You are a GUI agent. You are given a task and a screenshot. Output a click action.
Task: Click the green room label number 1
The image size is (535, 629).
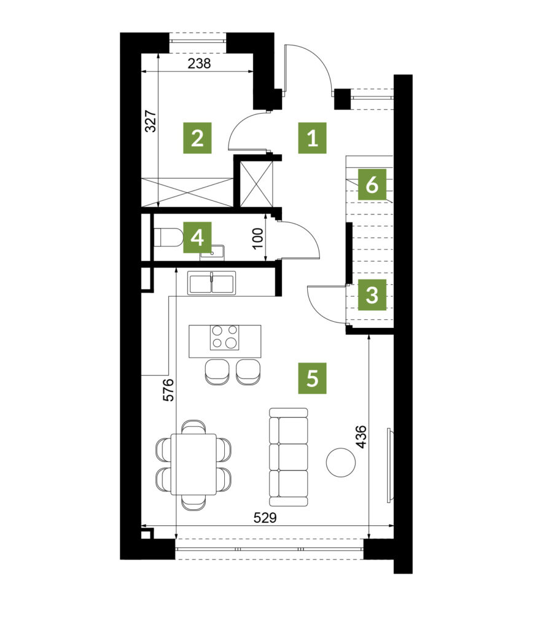point(313,138)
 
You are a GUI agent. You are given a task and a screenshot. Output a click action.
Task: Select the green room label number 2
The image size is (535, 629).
point(197,138)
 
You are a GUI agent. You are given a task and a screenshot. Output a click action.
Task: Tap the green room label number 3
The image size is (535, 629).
point(372,295)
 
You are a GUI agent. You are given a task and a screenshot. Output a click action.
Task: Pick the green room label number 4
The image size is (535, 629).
point(197,238)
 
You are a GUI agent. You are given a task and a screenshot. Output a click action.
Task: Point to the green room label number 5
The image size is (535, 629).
point(313,378)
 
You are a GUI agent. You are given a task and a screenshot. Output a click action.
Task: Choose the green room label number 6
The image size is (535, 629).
point(372,184)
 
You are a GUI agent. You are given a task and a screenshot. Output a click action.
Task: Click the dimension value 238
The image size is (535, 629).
point(200,63)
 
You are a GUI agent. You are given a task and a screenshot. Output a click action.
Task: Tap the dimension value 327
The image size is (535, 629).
point(151,121)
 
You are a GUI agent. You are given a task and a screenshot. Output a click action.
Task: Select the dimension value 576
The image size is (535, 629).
point(169,389)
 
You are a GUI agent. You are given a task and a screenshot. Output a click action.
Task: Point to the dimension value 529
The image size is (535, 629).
point(265,518)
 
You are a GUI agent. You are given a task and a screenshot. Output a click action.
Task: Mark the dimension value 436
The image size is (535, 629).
point(361,437)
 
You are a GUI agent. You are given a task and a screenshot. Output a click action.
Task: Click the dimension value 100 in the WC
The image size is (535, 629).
point(258,238)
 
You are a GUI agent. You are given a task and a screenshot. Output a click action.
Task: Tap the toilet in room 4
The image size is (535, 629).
point(168,238)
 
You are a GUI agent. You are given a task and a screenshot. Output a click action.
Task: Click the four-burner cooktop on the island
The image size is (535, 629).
point(225,337)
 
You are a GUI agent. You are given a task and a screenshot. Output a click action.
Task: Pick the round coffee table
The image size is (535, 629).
point(341,463)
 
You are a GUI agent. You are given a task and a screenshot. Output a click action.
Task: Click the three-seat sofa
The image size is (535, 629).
point(289,457)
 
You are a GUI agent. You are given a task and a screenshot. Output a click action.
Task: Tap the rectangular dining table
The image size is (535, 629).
point(193,464)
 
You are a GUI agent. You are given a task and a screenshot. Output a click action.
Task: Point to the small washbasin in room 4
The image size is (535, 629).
point(213,252)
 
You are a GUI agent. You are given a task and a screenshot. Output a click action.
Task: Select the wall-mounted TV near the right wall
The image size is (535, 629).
point(389,465)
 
